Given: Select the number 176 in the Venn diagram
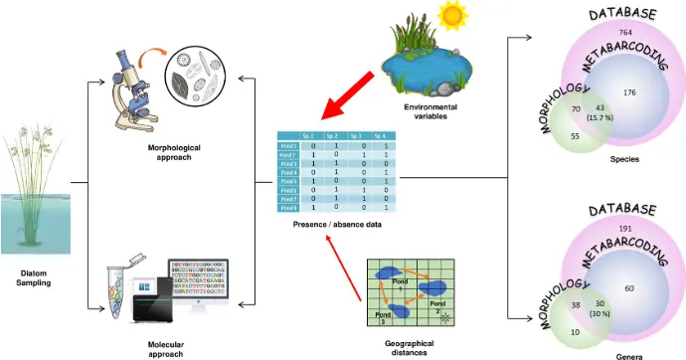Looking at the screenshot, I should (x=628, y=92).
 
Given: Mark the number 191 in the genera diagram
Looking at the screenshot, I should (x=625, y=229).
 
